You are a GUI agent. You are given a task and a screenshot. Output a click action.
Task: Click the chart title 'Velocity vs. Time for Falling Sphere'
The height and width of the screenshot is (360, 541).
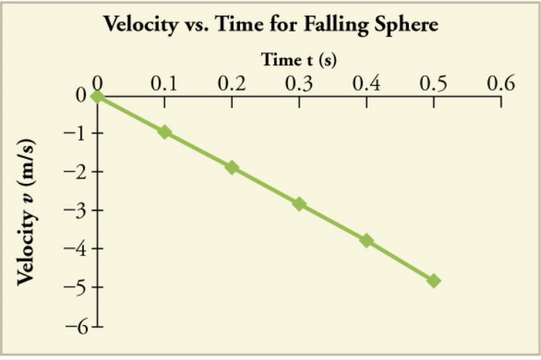point(270,25)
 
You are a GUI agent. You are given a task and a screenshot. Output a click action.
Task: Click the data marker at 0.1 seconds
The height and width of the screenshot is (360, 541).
point(165,132)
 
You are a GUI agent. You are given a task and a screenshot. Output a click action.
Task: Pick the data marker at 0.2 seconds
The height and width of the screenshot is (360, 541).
point(232,167)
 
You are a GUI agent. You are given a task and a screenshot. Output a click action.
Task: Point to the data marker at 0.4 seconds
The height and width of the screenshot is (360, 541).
point(367,240)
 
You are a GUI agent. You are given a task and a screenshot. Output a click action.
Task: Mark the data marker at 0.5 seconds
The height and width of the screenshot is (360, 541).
point(434,280)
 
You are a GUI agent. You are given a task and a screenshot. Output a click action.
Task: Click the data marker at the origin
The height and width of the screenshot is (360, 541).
point(97,96)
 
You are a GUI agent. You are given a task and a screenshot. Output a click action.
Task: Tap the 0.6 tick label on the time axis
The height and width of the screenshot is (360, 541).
point(500,83)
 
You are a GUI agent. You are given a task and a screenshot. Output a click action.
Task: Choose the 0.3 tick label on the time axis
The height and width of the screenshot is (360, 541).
point(299,83)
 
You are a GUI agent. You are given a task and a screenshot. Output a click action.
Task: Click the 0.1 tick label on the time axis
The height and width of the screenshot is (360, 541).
point(164,83)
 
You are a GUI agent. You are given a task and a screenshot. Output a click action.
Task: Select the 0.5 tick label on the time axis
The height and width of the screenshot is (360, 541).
point(434,83)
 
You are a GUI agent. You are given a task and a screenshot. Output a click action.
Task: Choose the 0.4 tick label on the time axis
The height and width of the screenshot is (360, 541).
point(366,83)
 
